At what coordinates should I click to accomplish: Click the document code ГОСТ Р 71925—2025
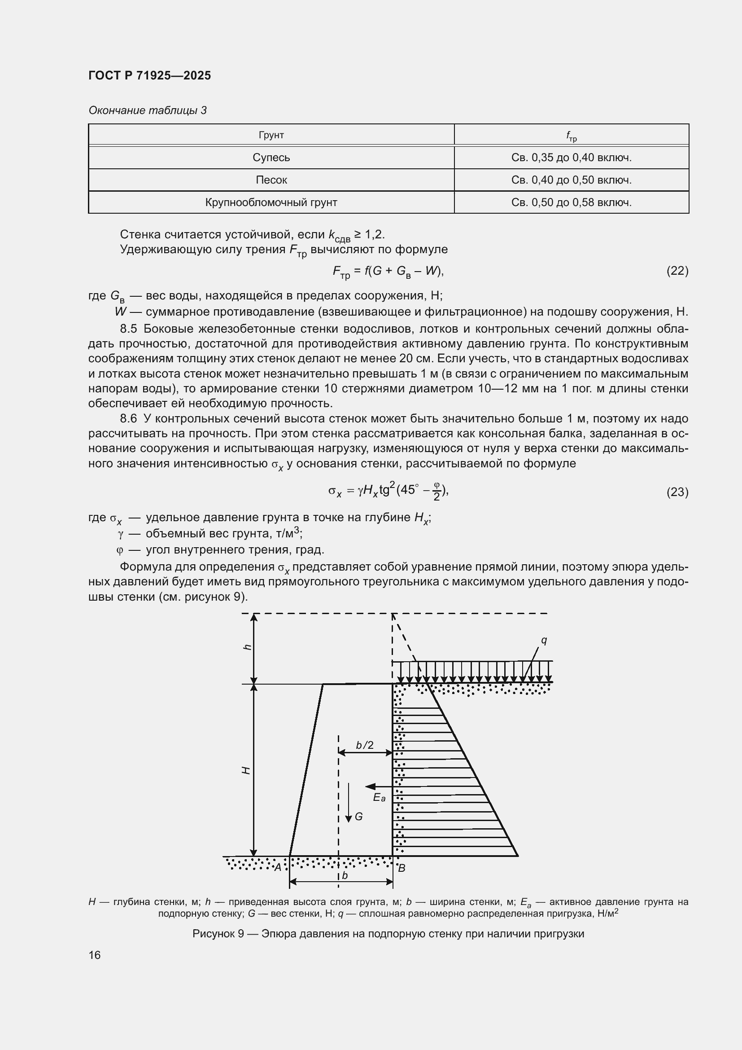pos(149,75)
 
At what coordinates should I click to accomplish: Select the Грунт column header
pos(271,135)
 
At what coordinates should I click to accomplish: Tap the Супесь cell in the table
pos(271,157)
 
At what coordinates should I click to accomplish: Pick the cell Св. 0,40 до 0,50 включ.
pos(571,180)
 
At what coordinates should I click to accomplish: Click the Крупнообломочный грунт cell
pos(271,202)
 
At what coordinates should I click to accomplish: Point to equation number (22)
pos(677,271)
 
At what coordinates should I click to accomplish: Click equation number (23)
pos(677,492)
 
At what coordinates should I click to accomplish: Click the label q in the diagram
pos(544,640)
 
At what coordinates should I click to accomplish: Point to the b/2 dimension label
pos(365,745)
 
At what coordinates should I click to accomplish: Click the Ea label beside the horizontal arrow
pos(379,797)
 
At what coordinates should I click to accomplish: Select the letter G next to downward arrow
pos(359,816)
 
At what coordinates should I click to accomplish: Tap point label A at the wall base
pos(277,867)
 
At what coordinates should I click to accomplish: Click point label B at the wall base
pos(402,868)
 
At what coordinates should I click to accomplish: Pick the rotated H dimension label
pos(246,771)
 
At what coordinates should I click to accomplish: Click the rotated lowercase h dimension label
pos(247,647)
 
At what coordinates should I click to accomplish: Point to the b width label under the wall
pos(345,875)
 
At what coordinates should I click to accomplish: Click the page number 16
pos(95,955)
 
